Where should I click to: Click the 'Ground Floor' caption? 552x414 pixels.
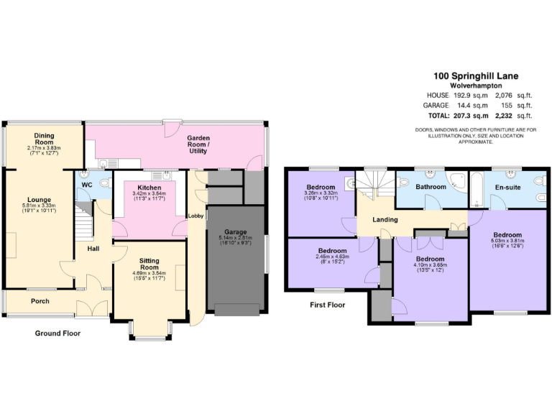[x=57, y=333]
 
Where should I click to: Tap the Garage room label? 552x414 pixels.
[x=235, y=232]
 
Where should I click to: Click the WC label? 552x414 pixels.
[x=87, y=185]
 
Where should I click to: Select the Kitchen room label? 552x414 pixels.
[x=149, y=188]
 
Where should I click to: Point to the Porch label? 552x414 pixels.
[x=40, y=301]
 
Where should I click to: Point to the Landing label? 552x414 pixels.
[x=386, y=221]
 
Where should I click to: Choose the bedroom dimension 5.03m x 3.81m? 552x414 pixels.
[x=507, y=241]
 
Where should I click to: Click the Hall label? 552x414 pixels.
[x=93, y=249]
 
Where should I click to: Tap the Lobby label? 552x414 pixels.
[x=195, y=216]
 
